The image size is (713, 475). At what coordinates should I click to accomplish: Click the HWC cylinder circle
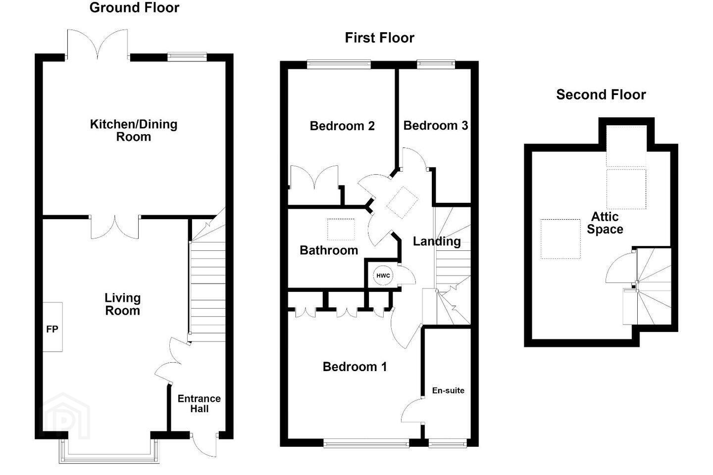(x=383, y=276)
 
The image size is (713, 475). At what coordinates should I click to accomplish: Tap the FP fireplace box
(x=52, y=327)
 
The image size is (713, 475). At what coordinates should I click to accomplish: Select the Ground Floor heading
(x=134, y=7)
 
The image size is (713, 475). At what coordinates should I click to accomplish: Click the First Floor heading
(x=379, y=38)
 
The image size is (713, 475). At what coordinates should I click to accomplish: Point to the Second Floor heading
(x=601, y=95)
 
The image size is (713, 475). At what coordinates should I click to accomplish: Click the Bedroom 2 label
(x=342, y=126)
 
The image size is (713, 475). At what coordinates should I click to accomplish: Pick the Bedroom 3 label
(x=435, y=126)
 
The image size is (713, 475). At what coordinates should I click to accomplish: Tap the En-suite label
(x=448, y=390)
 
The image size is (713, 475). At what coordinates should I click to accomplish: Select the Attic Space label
(x=605, y=223)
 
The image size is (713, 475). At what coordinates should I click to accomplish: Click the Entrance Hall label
(x=199, y=403)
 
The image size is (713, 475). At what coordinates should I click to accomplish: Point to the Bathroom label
(x=329, y=250)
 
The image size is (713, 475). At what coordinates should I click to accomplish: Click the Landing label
(x=437, y=241)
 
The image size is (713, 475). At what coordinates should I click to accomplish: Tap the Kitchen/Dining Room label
(x=134, y=131)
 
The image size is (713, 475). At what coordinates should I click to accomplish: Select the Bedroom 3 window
(x=436, y=65)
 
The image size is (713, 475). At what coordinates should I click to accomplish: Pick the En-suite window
(x=448, y=443)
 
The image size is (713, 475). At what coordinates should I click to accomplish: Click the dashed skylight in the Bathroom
(x=341, y=230)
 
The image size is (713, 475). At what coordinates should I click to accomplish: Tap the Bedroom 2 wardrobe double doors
(x=314, y=177)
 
